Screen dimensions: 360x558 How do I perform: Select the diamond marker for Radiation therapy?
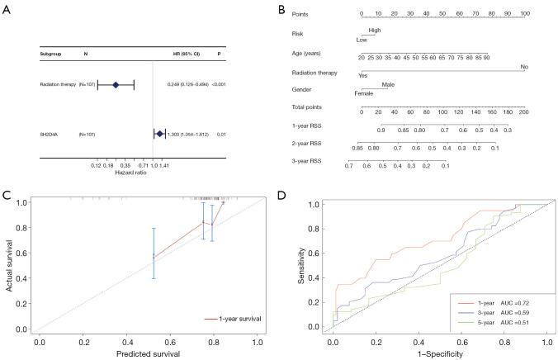tap(116, 84)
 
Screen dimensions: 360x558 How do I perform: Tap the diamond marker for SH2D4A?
tap(159, 133)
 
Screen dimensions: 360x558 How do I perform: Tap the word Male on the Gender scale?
tap(389, 83)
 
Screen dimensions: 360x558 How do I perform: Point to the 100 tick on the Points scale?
tap(524, 14)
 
